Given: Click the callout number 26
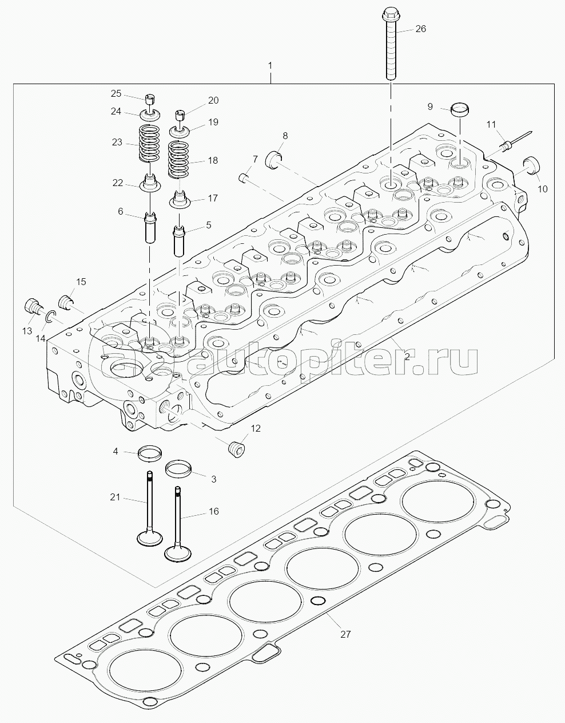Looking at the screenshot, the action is click(420, 29).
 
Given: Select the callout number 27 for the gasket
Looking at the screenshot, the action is click(345, 634).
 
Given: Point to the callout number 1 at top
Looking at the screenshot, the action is click(270, 66).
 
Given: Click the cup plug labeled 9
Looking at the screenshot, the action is click(460, 110).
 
